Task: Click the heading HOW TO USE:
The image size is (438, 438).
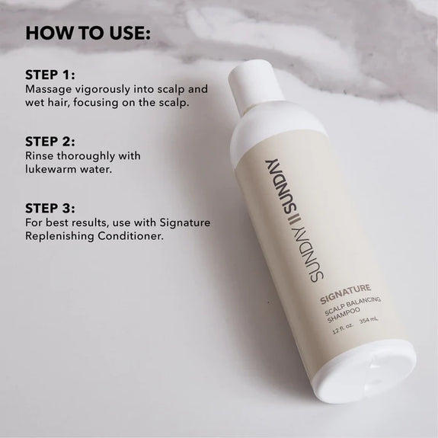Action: pyautogui.click(x=88, y=34)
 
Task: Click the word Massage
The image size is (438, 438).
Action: pyautogui.click(x=48, y=88)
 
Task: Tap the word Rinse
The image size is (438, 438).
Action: pyautogui.click(x=40, y=156)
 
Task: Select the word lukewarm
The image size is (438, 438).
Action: pyautogui.click(x=56, y=169)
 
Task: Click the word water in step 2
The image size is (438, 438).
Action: pyautogui.click(x=99, y=169)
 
